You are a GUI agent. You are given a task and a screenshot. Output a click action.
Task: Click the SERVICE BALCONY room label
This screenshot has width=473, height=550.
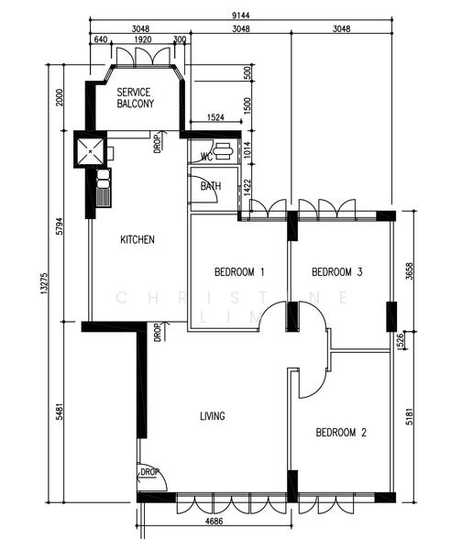pos(135,98)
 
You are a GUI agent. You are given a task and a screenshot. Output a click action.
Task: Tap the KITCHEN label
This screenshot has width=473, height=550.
pos(137,239)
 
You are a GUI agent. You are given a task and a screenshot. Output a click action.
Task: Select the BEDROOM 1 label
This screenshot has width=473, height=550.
pos(239,272)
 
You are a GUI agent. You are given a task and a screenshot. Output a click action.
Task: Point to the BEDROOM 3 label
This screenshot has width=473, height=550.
pos(336,272)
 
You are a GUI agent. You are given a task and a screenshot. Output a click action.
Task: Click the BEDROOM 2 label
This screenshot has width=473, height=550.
pos(341,433)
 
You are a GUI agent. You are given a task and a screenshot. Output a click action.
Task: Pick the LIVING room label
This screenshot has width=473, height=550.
pos(213,416)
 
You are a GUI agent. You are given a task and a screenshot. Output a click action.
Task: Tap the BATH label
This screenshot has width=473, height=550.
pos(211,186)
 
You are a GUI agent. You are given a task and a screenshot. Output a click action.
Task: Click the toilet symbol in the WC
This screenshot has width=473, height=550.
pos(223,151)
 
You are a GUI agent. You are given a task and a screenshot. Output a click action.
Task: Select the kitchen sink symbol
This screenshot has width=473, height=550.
pos(104,188)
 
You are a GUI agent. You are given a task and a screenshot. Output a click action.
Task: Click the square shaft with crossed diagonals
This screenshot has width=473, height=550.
pos(91,151)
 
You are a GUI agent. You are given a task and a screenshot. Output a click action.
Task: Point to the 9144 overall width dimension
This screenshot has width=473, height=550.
pos(241,16)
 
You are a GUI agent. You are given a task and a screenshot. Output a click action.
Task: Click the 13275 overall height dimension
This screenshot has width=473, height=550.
pos(44,283)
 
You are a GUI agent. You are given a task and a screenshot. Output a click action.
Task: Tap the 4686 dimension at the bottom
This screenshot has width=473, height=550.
pos(214,521)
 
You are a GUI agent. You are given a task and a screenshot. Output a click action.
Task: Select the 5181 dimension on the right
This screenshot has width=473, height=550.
pos(410,416)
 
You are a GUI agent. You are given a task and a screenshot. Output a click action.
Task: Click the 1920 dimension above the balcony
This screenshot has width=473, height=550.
pos(143,39)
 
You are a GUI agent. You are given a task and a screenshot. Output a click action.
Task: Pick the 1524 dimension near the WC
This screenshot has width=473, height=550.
pos(215,117)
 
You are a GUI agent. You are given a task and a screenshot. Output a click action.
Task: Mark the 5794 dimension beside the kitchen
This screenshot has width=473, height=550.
pos(60,226)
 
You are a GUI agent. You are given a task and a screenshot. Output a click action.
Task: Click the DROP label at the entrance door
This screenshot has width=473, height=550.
pos(149,472)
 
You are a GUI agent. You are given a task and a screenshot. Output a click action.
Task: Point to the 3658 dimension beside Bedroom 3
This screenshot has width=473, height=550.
pos(410,271)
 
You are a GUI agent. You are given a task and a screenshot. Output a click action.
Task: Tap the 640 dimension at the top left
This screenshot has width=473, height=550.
pos(101,39)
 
